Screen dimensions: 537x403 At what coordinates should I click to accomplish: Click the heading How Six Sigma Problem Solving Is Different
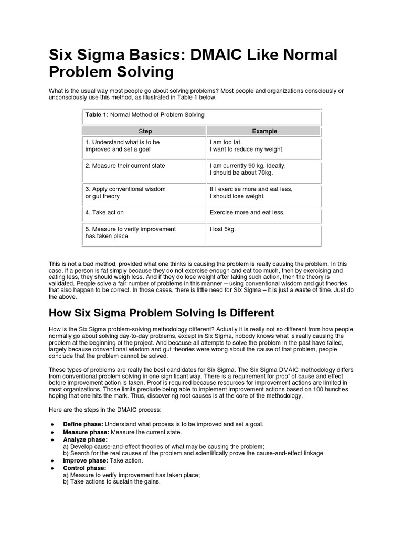point(161,313)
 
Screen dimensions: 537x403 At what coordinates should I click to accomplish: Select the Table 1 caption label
point(96,115)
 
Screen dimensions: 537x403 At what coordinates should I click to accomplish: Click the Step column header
point(144,131)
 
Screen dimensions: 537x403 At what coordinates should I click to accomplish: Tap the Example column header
point(264,131)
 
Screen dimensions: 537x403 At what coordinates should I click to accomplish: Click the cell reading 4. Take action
point(104,213)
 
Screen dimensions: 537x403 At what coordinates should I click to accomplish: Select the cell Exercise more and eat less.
point(247,213)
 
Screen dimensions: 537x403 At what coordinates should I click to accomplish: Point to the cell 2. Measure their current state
point(125,166)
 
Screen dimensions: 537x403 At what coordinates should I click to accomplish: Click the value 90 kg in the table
point(259,166)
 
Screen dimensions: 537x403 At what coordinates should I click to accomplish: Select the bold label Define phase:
point(83,424)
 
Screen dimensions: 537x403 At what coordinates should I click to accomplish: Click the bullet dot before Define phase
point(52,424)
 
